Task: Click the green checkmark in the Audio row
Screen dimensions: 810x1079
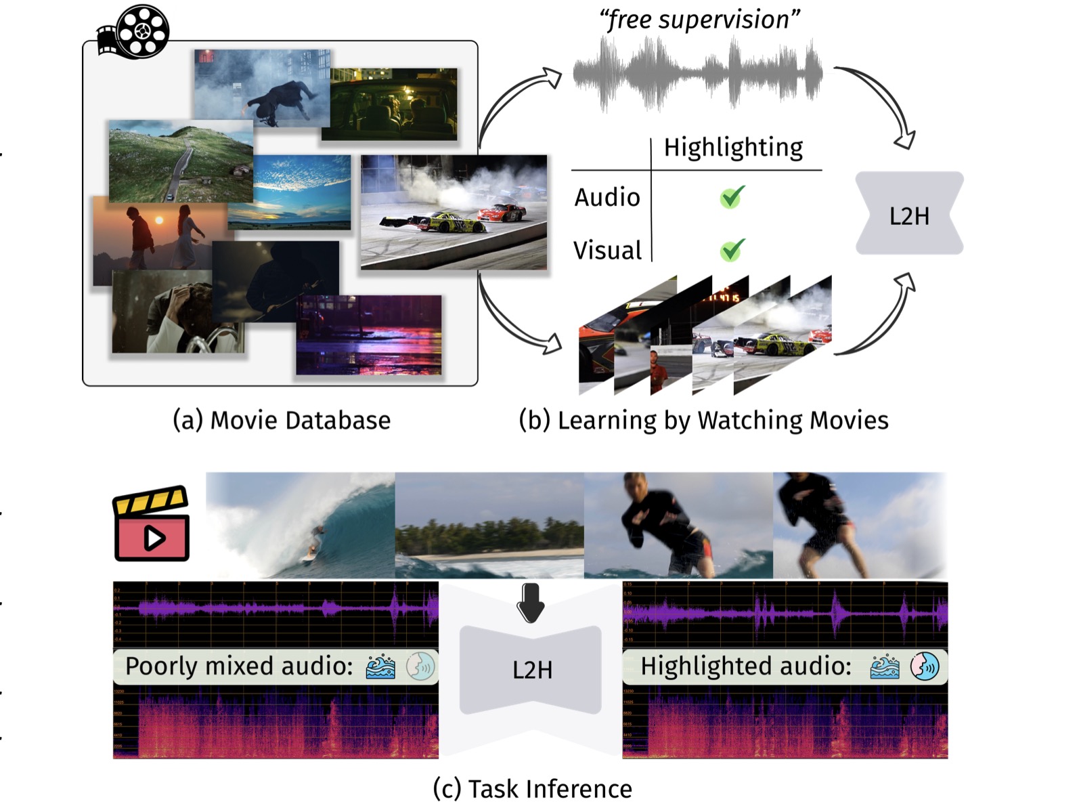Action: click(732, 197)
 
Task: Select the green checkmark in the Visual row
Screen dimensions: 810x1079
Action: click(732, 250)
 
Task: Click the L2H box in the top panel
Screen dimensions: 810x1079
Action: click(909, 214)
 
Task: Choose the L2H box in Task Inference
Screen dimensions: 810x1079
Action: click(531, 670)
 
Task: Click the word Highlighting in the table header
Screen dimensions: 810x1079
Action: click(733, 148)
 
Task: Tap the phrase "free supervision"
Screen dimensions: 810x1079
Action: click(700, 20)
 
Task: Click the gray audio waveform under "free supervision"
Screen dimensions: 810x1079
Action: click(698, 74)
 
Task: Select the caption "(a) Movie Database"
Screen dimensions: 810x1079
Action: click(282, 421)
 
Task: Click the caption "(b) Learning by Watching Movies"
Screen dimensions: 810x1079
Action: click(703, 421)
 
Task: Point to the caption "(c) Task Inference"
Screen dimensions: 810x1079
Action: click(532, 789)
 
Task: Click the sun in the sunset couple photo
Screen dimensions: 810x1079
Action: click(160, 220)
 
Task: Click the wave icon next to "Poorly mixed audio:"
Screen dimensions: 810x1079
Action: click(381, 667)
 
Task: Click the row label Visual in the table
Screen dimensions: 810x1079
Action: click(607, 251)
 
